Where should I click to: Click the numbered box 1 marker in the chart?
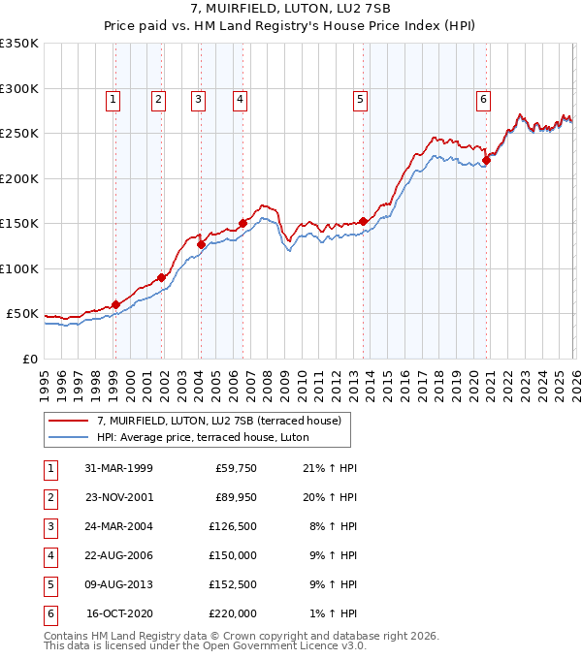[113, 98]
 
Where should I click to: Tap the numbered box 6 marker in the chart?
[482, 98]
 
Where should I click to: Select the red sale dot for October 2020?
[486, 161]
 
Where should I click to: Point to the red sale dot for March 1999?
[115, 304]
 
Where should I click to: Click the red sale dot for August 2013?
[363, 221]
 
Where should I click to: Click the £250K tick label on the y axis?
[19, 134]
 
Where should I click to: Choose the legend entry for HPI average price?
[202, 437]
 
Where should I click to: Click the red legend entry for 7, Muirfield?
[218, 422]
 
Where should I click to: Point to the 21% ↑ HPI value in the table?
[330, 469]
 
